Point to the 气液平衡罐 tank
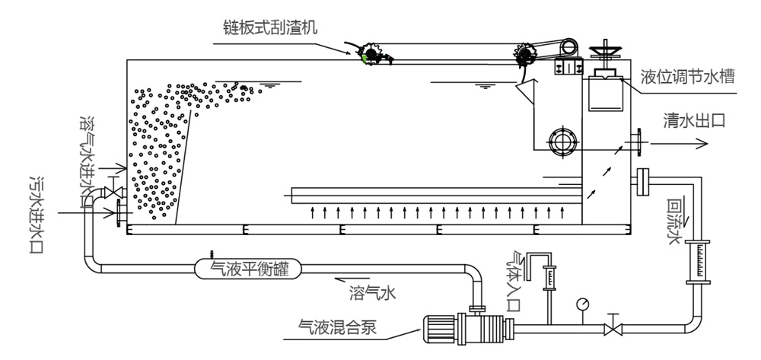[247, 267]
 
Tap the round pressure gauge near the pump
[583, 303]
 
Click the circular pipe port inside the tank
[563, 141]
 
